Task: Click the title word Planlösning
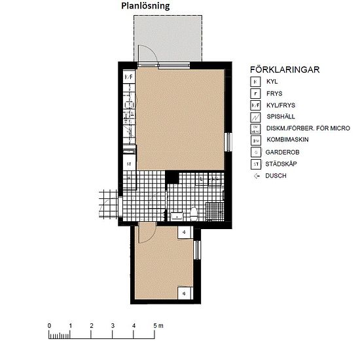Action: click(145, 6)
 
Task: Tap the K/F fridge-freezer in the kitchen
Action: click(128, 77)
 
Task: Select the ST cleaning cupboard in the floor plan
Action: click(129, 164)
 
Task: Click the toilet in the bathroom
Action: click(193, 213)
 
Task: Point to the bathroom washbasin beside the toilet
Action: click(175, 213)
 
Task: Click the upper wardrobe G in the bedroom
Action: click(185, 232)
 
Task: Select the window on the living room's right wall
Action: click(226, 141)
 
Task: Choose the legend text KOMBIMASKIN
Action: click(289, 140)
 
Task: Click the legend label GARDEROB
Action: click(283, 152)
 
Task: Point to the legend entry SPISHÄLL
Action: click(281, 117)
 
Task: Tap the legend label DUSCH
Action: click(277, 175)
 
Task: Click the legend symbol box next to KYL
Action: click(257, 82)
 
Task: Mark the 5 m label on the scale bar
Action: click(158, 325)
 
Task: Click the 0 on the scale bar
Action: click(49, 325)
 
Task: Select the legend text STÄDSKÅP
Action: click(282, 164)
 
